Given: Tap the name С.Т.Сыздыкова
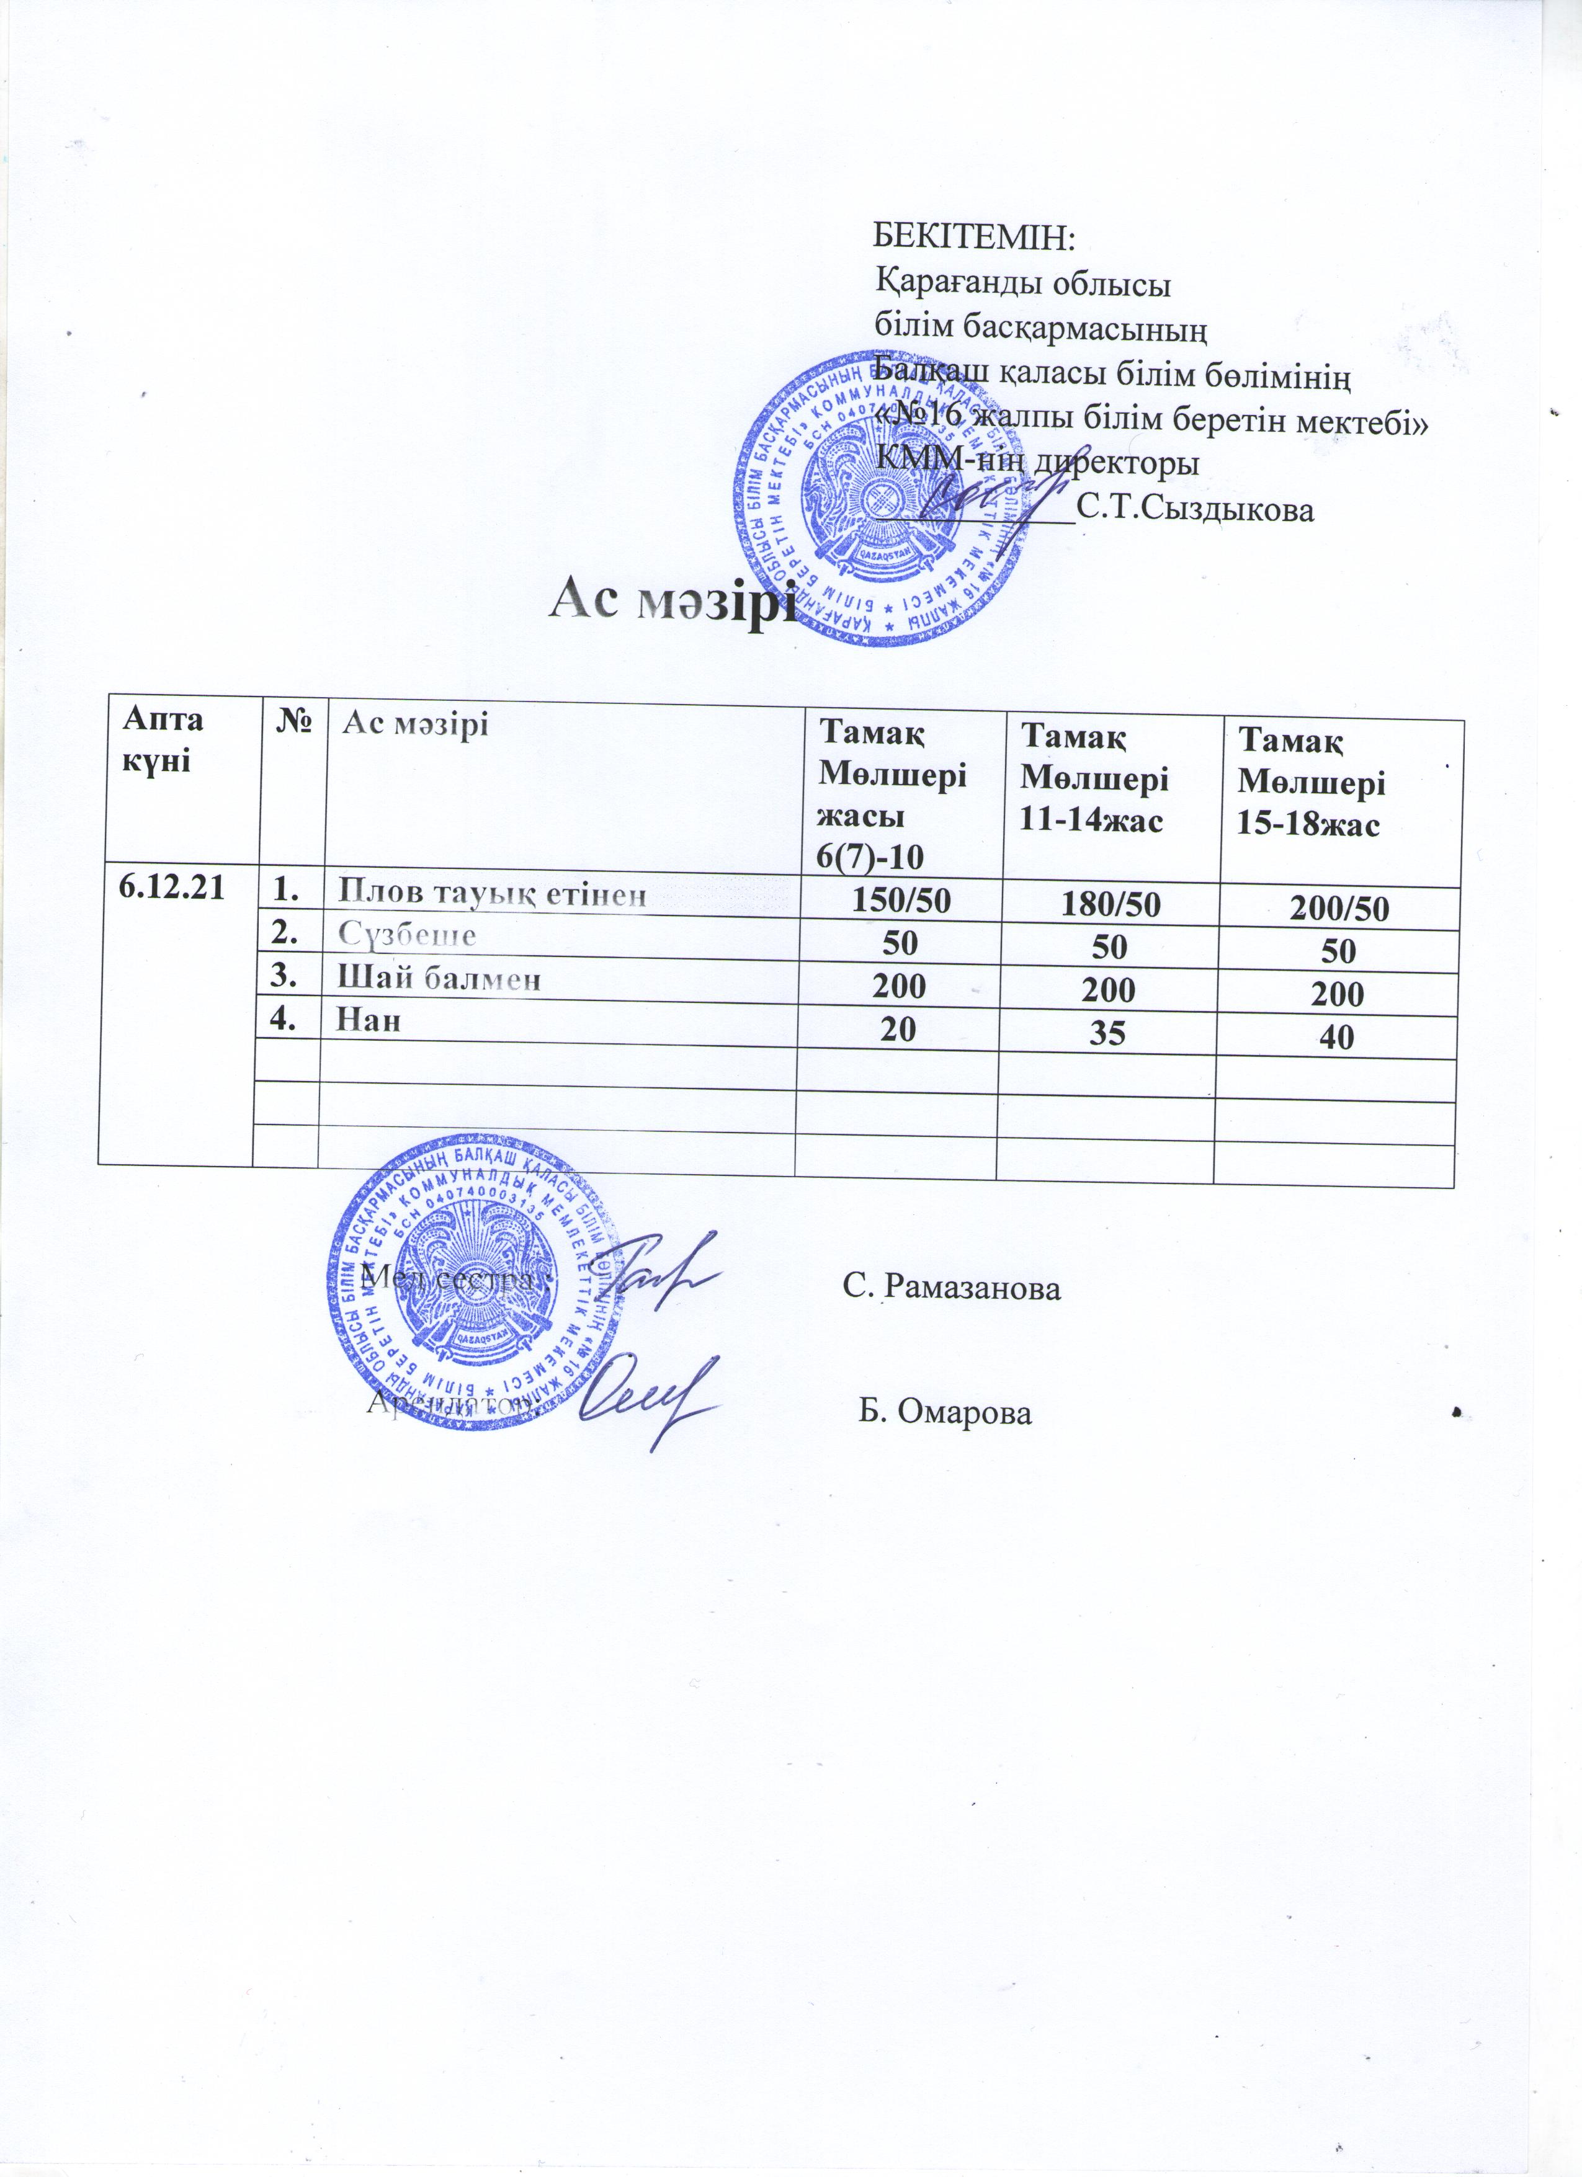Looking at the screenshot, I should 1195,509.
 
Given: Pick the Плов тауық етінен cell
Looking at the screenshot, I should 491,894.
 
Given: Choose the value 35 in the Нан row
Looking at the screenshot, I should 1110,1032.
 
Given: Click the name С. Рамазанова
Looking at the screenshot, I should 952,1287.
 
